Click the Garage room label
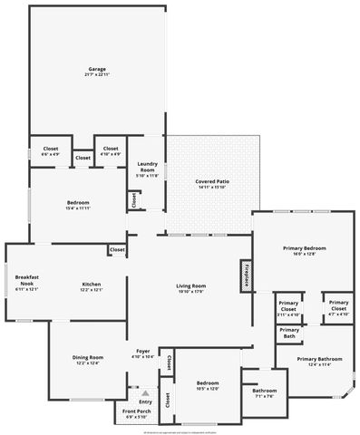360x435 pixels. (97, 72)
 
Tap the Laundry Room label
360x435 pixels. (147, 169)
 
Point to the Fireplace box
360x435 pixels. (245, 275)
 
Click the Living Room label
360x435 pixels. (190, 289)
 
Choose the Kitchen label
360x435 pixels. (91, 286)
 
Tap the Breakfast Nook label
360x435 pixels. (27, 283)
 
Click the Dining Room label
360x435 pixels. (87, 360)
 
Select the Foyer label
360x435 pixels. (143, 353)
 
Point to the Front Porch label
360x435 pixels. (138, 414)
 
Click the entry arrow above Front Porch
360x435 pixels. (145, 392)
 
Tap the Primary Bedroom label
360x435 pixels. (304, 251)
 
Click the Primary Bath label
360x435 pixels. (288, 333)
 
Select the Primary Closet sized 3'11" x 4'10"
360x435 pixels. (288, 307)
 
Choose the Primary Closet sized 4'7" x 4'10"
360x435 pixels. (338, 307)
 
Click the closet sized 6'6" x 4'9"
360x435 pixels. (50, 151)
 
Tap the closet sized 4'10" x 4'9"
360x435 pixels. (111, 151)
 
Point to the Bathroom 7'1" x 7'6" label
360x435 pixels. (265, 393)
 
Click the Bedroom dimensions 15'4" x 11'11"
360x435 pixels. (78, 208)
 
